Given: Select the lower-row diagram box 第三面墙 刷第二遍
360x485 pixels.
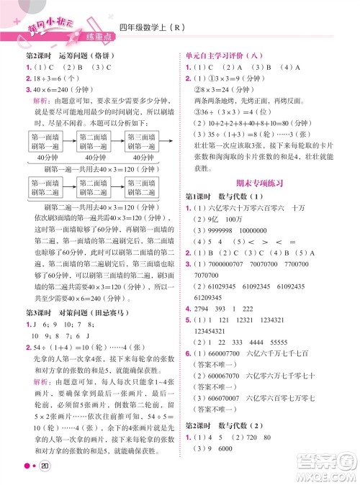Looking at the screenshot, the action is tap(141, 189).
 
